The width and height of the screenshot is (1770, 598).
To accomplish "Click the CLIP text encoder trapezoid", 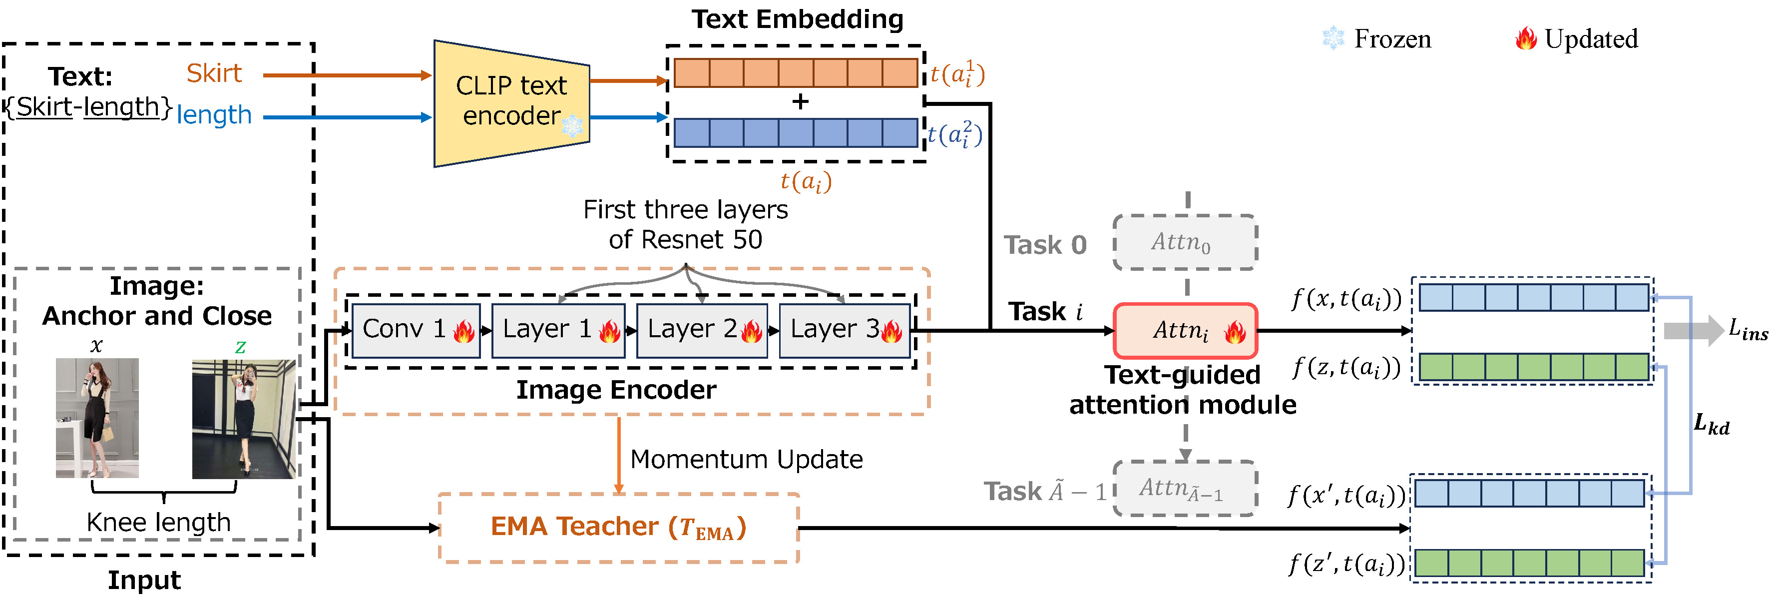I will point(511,103).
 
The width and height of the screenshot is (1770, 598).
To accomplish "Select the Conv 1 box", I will point(416,330).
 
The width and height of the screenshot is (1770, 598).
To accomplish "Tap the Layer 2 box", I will point(702,330).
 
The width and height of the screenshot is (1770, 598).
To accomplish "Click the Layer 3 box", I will point(845,330).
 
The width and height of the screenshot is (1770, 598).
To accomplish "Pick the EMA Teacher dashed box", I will point(618,527).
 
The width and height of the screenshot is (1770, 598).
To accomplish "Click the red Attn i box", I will point(1185,331).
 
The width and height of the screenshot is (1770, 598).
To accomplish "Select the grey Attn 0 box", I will point(1185,242).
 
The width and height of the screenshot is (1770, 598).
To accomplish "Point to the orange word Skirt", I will point(214,73).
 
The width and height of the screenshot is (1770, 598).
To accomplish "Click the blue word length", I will point(214,115).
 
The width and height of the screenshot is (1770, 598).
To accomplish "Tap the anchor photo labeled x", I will point(97,417).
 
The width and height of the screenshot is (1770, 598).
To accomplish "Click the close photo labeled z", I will point(243,419).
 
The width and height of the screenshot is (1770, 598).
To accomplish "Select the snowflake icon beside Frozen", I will point(1333,38).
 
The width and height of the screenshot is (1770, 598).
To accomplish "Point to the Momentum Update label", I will point(746,459).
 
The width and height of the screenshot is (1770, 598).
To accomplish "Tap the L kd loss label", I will point(1711,424).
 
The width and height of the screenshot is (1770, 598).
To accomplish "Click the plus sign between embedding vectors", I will point(800,102).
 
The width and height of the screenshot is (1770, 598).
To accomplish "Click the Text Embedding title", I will point(797,19).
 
